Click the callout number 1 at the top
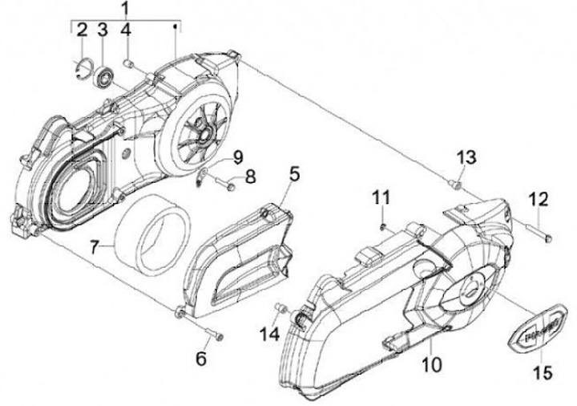[x=125, y=9]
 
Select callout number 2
[x=81, y=30]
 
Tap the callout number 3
[x=103, y=30]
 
